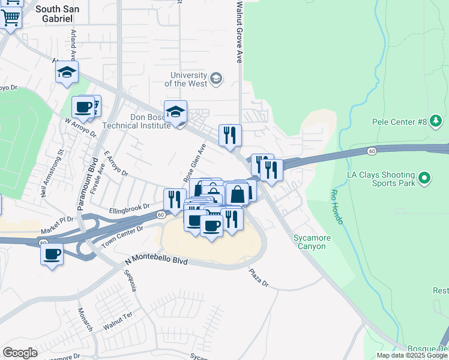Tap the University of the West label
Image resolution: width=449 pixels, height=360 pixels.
click(x=189, y=79)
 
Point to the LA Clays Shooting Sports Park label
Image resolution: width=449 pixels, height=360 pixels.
click(x=381, y=178)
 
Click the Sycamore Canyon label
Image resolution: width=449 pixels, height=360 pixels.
click(x=312, y=242)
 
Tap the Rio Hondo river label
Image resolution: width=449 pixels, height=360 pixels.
click(x=336, y=208)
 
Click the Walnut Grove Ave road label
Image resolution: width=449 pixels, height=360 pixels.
click(x=239, y=33)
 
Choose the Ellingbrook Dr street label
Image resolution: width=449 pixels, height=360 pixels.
click(x=129, y=209)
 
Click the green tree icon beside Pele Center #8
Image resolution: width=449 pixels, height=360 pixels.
click(x=436, y=122)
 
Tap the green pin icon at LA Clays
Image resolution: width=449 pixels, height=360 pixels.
click(x=425, y=178)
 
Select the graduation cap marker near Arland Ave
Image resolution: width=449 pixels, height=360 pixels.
click(x=67, y=73)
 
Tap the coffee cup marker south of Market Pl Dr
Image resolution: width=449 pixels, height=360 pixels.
click(x=52, y=254)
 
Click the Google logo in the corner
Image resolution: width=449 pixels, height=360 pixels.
click(x=20, y=353)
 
